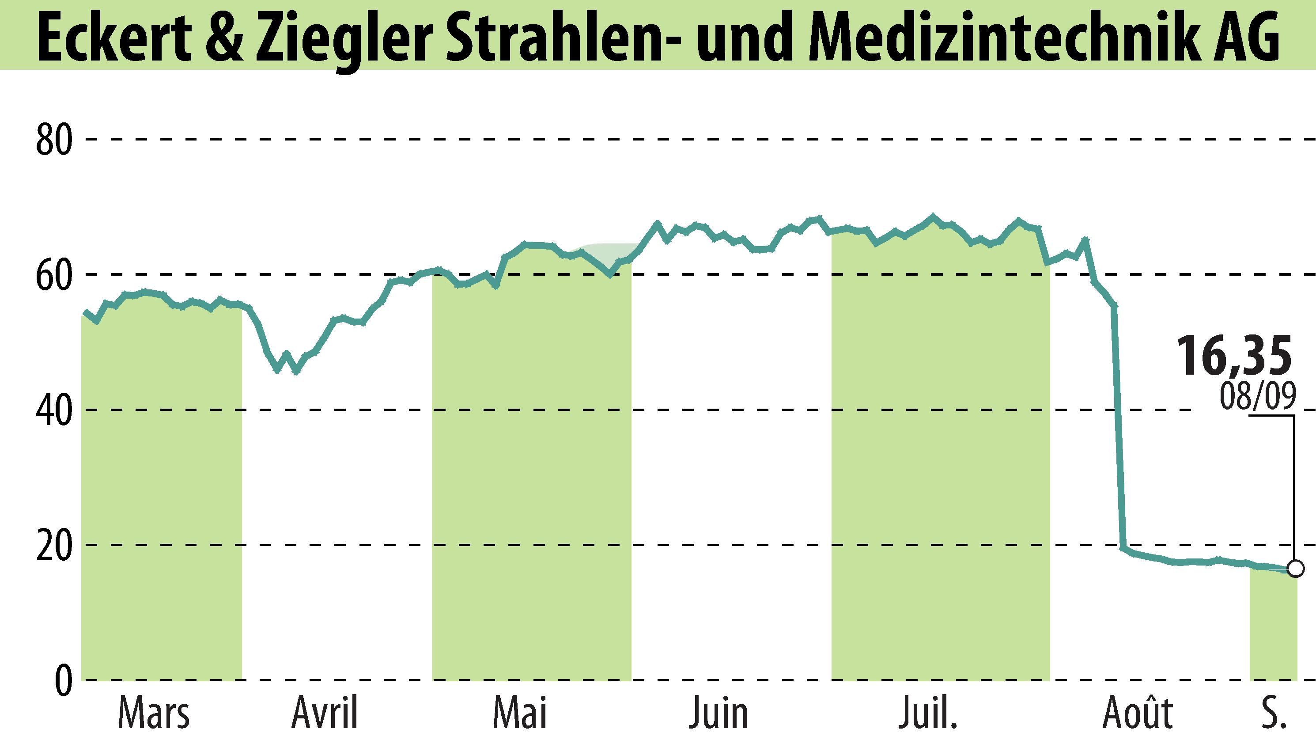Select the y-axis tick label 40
[x=53, y=411]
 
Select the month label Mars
[x=154, y=714]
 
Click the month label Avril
[x=325, y=714]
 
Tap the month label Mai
[x=520, y=714]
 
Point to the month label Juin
[x=719, y=714]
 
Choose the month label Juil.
[x=928, y=714]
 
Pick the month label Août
[x=1138, y=714]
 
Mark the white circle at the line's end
[x=1295, y=569]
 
